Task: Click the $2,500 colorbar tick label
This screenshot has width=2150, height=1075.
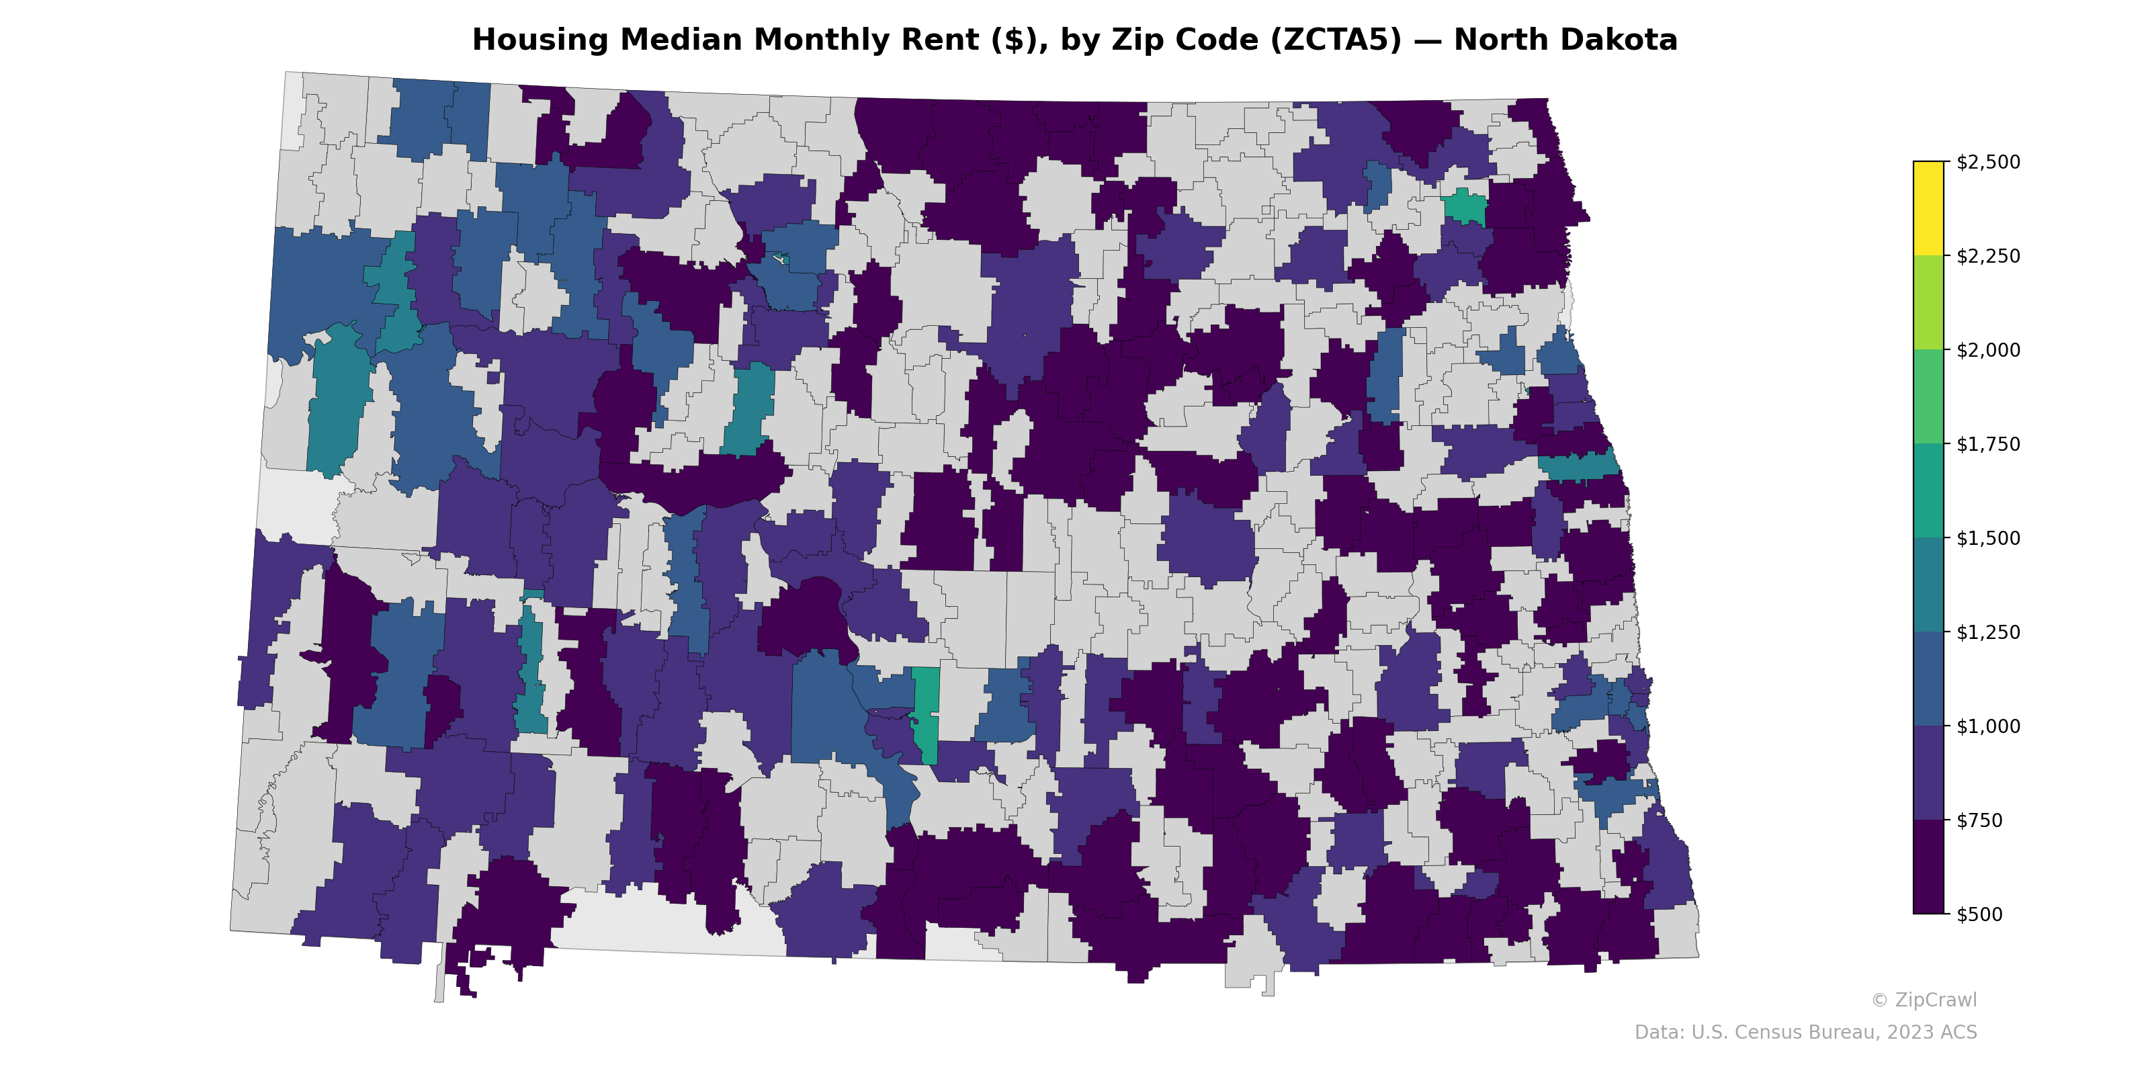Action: (1987, 162)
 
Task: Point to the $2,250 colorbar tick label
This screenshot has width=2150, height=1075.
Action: (1987, 256)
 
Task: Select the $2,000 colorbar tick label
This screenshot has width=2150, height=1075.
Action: (1987, 349)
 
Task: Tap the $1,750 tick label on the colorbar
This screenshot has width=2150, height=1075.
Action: (1987, 444)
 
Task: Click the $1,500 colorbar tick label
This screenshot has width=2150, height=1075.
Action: (1987, 538)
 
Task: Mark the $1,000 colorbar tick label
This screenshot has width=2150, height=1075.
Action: (1987, 726)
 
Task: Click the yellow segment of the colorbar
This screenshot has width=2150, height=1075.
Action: (1928, 209)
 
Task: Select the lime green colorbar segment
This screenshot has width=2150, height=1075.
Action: (1928, 302)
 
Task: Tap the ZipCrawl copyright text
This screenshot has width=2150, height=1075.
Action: (1923, 1000)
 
